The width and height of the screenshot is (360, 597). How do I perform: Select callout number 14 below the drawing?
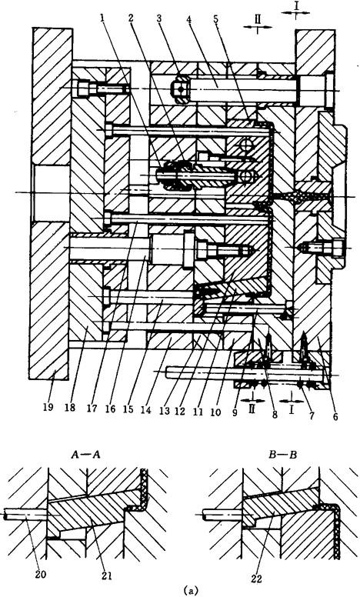pyautogui.click(x=145, y=411)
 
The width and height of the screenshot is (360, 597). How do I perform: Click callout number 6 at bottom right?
pyautogui.click(x=335, y=416)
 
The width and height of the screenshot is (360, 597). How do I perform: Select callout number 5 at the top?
pyautogui.click(x=216, y=19)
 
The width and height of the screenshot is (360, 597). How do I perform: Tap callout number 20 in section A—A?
pyautogui.click(x=40, y=575)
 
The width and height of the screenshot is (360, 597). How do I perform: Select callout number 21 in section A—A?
pyautogui.click(x=107, y=575)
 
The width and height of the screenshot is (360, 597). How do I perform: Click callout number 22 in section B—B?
pyautogui.click(x=257, y=579)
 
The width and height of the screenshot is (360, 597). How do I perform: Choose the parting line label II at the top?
pyautogui.click(x=258, y=19)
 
